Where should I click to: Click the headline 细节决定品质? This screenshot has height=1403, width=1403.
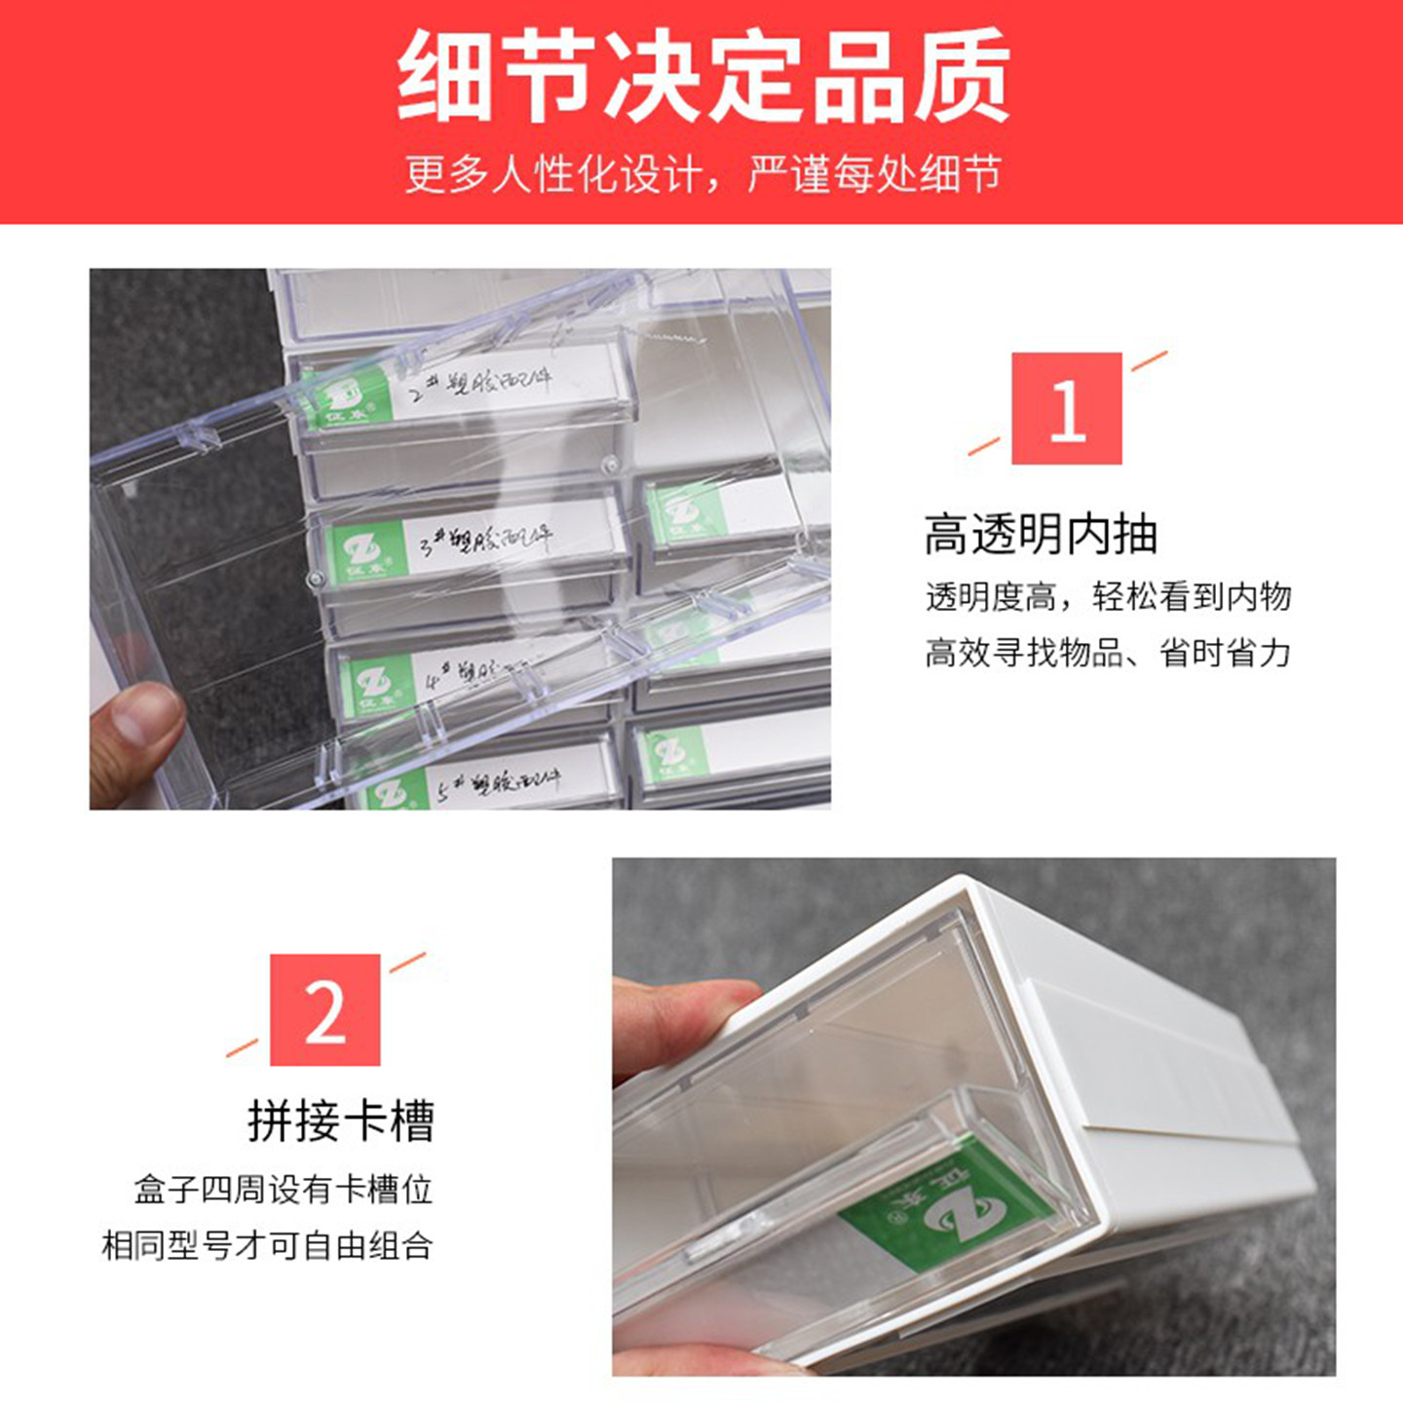[701, 76]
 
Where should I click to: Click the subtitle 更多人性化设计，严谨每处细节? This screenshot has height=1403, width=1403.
[701, 175]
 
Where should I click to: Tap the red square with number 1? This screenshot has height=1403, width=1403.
[1066, 408]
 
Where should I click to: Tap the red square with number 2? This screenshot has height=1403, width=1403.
[324, 1009]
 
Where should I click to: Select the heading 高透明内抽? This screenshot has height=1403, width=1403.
[1041, 535]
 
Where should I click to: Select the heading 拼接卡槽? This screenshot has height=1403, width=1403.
[340, 1120]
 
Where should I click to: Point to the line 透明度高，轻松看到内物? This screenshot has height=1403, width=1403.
[1108, 596]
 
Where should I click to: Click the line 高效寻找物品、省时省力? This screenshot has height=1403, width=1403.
[1108, 652]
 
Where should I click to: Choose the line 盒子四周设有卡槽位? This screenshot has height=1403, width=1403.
[283, 1190]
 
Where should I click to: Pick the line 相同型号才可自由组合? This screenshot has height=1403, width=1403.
[267, 1245]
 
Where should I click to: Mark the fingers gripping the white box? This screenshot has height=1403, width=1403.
[682, 1023]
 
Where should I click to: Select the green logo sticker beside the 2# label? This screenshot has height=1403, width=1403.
[346, 399]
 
